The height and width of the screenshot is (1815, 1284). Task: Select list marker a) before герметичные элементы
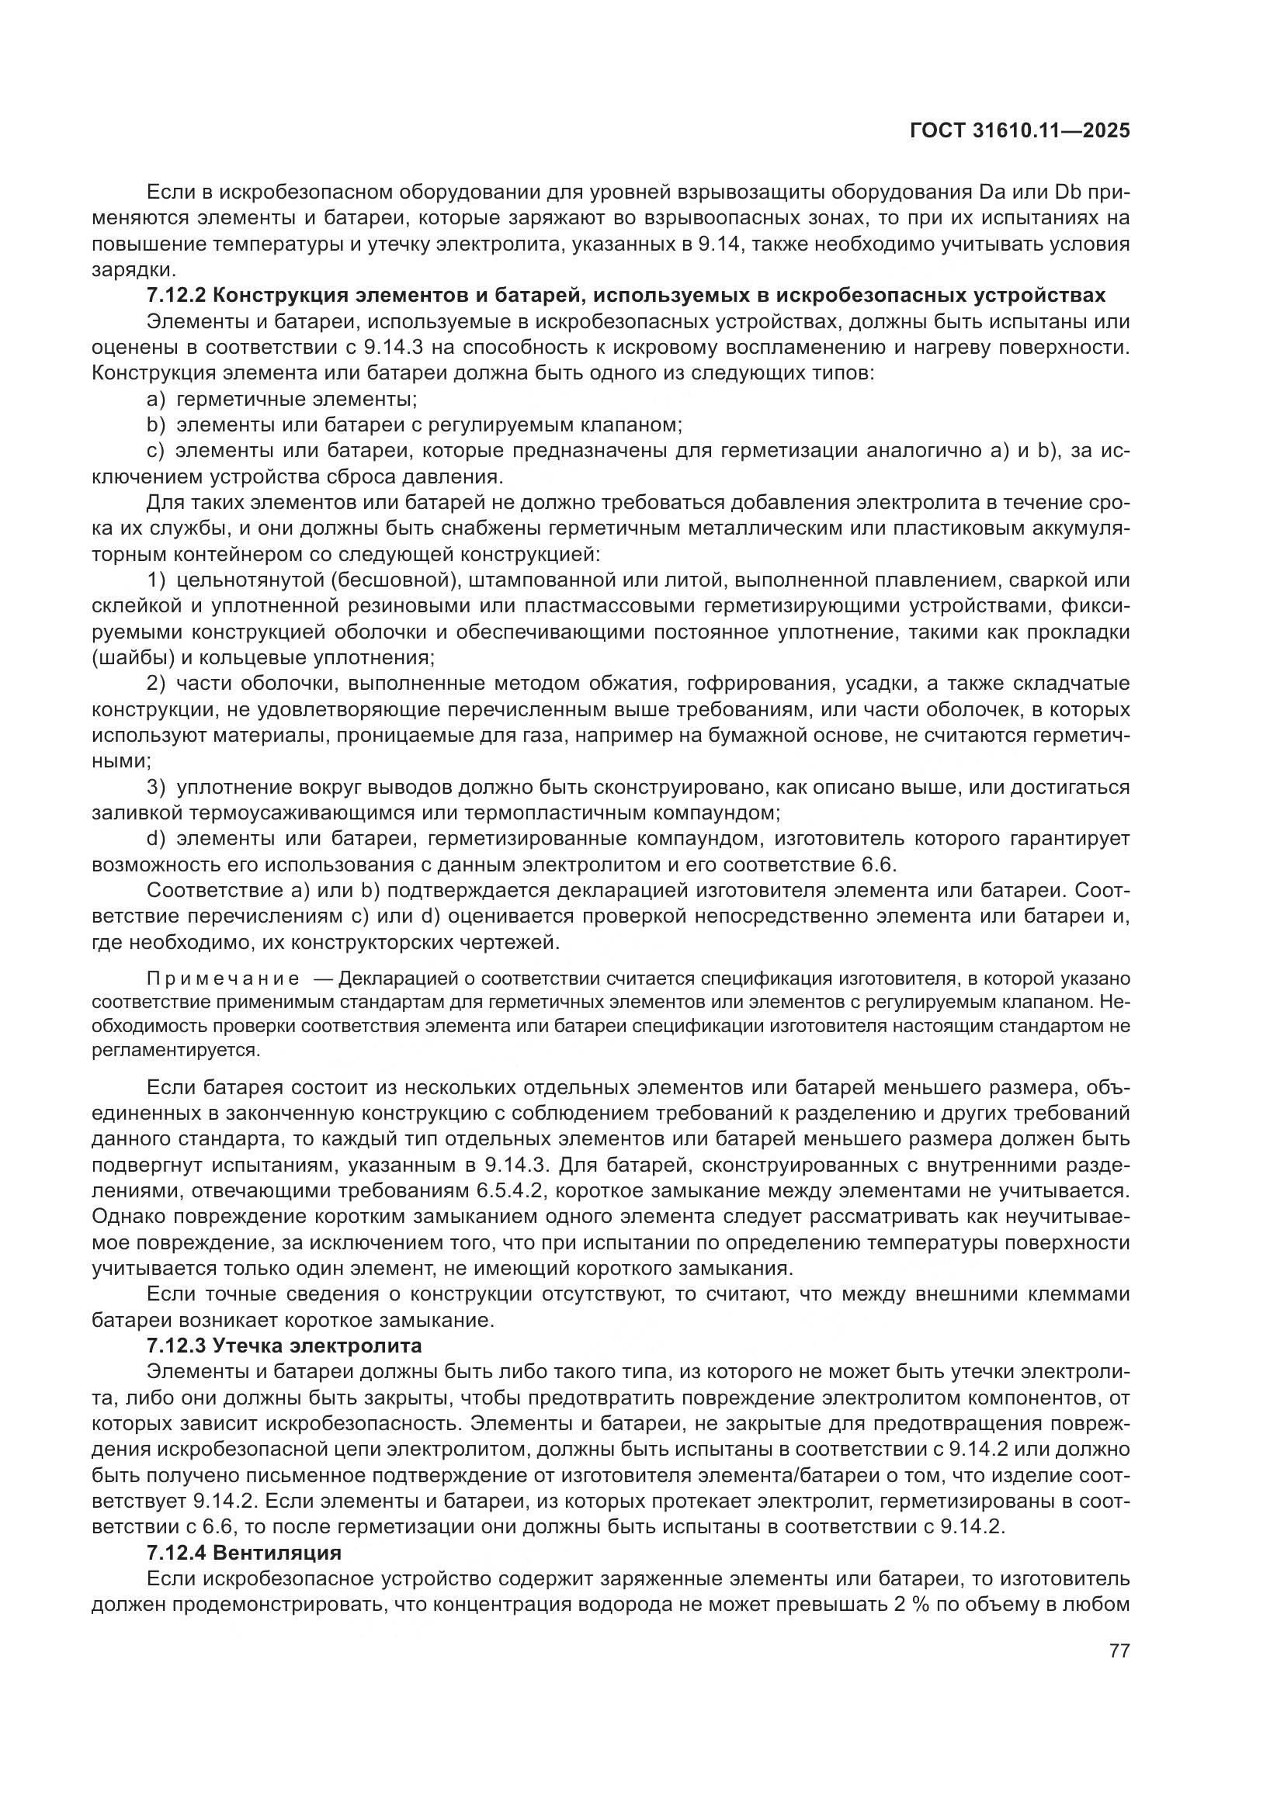(x=156, y=399)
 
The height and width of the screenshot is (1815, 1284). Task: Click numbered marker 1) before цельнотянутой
(x=157, y=580)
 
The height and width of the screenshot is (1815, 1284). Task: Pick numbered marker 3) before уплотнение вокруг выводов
(x=157, y=788)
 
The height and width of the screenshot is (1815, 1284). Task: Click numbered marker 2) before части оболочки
(x=157, y=684)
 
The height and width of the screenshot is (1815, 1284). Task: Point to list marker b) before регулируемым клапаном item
(x=156, y=425)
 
